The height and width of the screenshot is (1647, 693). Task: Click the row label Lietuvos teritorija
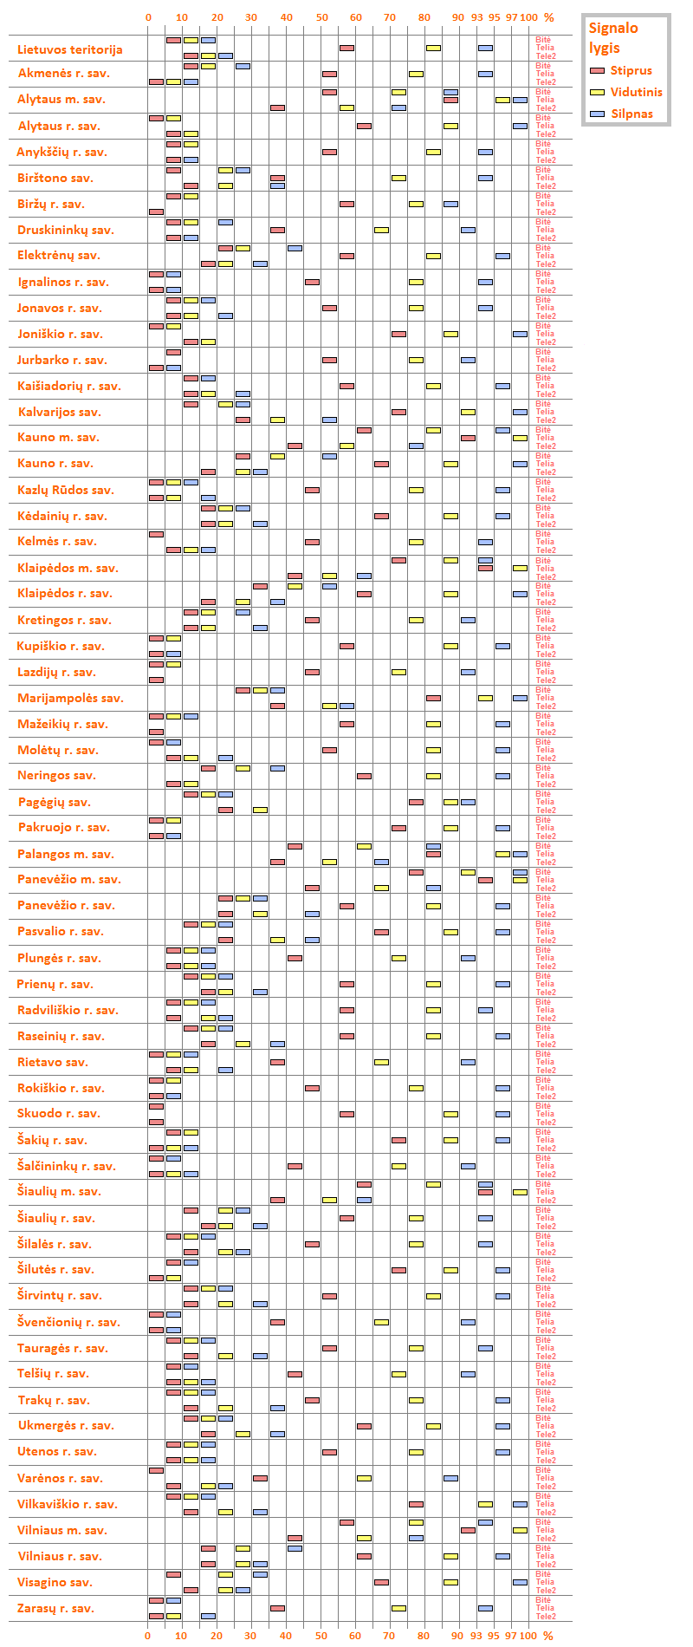pyautogui.click(x=70, y=49)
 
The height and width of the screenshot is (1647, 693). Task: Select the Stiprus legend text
pyautogui.click(x=631, y=70)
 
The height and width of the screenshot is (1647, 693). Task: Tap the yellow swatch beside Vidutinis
pyautogui.click(x=597, y=92)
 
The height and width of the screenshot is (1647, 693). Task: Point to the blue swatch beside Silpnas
pyautogui.click(x=597, y=114)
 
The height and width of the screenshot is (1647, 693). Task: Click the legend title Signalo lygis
pyautogui.click(x=613, y=37)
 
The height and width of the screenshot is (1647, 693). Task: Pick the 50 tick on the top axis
pyautogui.click(x=321, y=17)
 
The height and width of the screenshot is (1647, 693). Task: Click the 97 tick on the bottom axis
pyautogui.click(x=511, y=1636)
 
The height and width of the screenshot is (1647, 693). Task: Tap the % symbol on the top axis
pyautogui.click(x=548, y=17)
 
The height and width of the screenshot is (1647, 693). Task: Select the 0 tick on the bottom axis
pyautogui.click(x=148, y=1636)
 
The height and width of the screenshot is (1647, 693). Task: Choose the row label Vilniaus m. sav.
pyautogui.click(x=62, y=1530)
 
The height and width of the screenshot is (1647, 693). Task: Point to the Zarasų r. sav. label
pyautogui.click(x=56, y=1608)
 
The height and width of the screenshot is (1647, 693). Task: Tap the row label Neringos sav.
pyautogui.click(x=57, y=775)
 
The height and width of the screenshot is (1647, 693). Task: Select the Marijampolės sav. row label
pyautogui.click(x=71, y=698)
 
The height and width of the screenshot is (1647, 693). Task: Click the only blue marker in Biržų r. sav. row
pyautogui.click(x=450, y=205)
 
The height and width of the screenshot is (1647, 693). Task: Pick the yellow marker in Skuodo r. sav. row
pyautogui.click(x=450, y=1115)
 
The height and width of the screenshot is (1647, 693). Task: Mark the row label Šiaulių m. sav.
pyautogui.click(x=59, y=1191)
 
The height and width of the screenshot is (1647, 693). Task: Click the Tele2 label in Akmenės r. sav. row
pyautogui.click(x=546, y=82)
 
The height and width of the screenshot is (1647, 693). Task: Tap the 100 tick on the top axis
pyautogui.click(x=528, y=17)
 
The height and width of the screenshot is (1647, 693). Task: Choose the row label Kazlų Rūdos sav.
pyautogui.click(x=66, y=490)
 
